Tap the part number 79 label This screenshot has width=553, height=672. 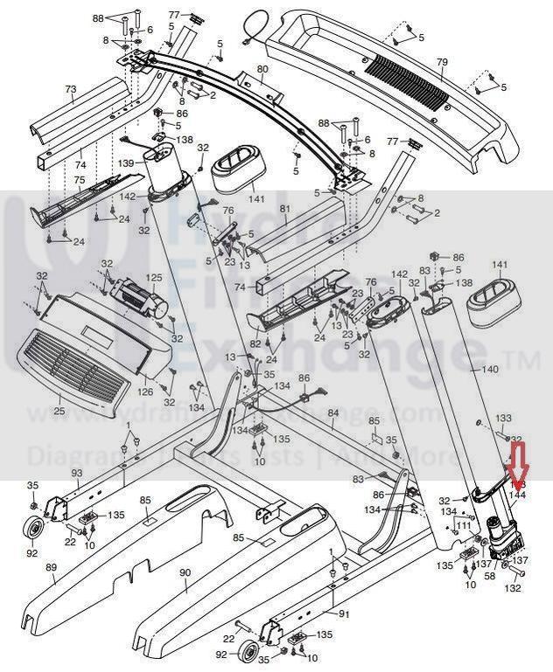tap(442, 62)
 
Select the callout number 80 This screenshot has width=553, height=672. tap(262, 69)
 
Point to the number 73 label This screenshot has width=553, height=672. tap(71, 89)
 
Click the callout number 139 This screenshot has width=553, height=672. tap(126, 163)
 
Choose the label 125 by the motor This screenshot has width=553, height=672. tap(154, 279)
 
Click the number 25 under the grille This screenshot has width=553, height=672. tap(59, 410)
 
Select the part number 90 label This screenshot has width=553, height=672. tap(185, 572)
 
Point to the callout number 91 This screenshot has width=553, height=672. tap(344, 614)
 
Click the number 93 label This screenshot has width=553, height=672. tap(76, 473)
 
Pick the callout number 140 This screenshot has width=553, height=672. tap(491, 370)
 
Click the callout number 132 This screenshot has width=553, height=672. tap(514, 588)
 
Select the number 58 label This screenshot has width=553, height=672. tap(490, 577)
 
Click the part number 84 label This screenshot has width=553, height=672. tap(332, 412)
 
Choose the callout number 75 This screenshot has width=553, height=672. tap(79, 180)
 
